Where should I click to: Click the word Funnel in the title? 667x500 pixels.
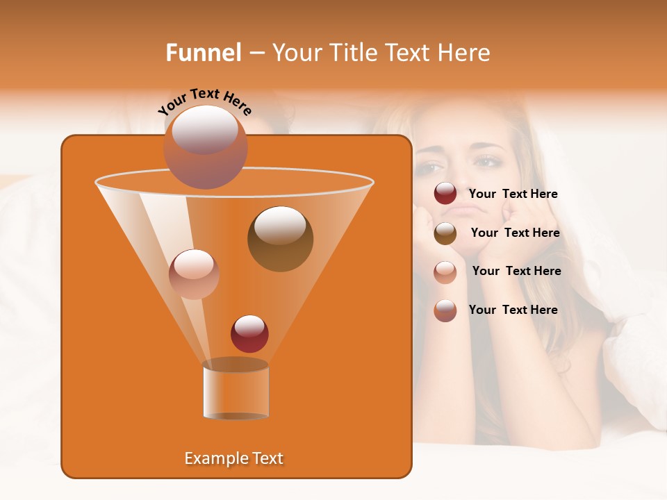tap(204, 53)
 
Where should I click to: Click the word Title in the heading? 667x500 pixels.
tap(352, 53)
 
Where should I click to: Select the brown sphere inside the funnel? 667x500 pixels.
tap(280, 238)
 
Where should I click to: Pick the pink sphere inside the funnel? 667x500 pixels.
tap(194, 274)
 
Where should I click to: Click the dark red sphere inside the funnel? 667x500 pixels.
tap(249, 333)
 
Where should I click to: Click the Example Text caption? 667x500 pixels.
tap(233, 458)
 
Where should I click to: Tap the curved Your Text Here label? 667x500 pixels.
tap(204, 101)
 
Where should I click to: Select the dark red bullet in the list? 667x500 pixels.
tap(445, 194)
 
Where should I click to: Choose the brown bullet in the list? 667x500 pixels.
tap(445, 233)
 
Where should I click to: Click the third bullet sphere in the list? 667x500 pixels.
tap(445, 272)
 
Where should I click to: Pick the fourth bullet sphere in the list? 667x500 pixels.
tap(445, 310)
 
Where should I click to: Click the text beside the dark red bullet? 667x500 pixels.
tap(513, 194)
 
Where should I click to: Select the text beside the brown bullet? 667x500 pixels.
tap(515, 233)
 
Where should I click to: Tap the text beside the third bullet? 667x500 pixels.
tap(516, 272)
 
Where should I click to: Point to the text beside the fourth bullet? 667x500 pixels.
tap(513, 310)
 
